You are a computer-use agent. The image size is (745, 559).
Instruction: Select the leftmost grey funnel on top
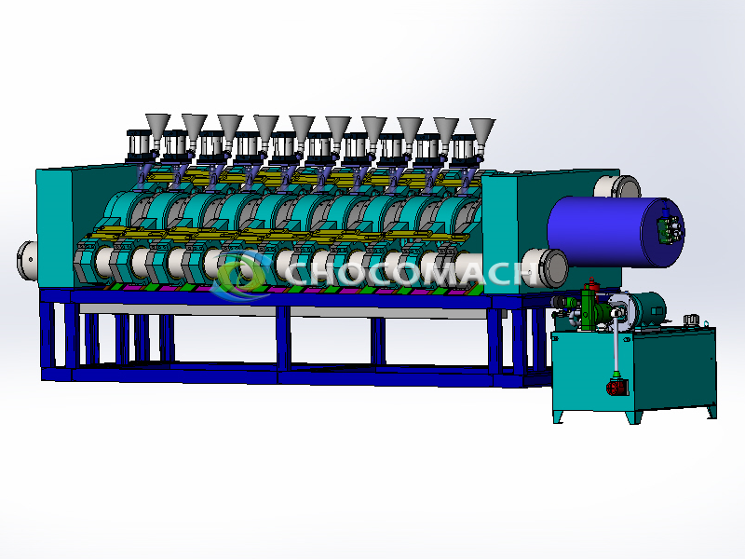click(x=156, y=126)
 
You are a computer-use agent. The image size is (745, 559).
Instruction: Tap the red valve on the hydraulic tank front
click(x=616, y=386)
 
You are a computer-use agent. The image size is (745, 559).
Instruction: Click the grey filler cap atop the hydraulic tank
click(x=690, y=320)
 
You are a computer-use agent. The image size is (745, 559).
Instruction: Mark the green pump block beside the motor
click(x=588, y=307)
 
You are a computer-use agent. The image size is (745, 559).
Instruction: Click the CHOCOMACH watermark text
click(x=410, y=273)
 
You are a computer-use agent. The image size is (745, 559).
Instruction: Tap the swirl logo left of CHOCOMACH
click(x=238, y=276)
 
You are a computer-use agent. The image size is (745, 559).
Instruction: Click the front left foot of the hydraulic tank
click(x=559, y=418)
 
